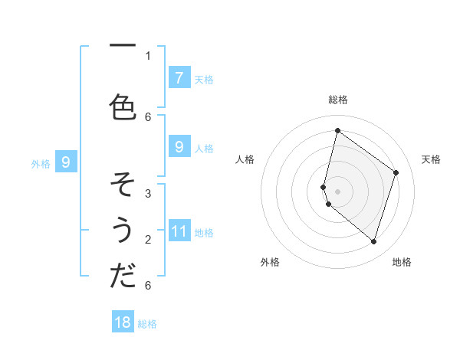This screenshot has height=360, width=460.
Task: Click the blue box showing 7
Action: pos(179,77)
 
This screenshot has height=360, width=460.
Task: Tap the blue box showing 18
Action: pos(123,322)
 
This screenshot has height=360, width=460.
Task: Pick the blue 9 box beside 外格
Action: pos(66,162)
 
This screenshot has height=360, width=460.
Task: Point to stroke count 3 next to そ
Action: pos(148,193)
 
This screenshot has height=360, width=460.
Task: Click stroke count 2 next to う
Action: pos(148,239)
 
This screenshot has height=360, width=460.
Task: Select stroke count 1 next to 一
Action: pos(148,55)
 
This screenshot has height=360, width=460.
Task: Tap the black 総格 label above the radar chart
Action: pos(337,100)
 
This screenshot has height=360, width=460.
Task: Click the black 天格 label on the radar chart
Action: pos(431,159)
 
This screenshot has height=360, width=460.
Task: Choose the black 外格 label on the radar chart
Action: pos(270,262)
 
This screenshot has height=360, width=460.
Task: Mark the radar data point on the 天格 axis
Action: pos(396,172)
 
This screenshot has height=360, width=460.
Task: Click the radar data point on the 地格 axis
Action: pos(373,241)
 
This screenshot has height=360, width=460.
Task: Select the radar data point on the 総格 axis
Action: pos(337,130)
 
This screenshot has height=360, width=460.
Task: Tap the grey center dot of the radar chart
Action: pos(337,191)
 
